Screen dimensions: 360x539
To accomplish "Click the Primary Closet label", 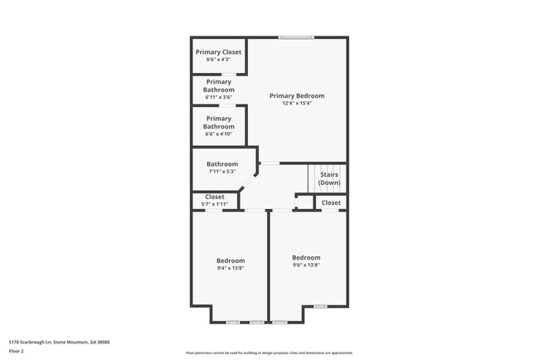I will (219, 52).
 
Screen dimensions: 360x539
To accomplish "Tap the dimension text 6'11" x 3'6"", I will (219, 97).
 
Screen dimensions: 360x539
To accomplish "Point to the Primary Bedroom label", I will (297, 95).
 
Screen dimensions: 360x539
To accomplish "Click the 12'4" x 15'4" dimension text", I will (297, 104).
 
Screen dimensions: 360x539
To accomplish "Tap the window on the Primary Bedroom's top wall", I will (296, 37).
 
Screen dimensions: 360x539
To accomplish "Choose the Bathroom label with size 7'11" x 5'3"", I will (222, 164).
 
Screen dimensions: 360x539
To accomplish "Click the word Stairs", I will (329, 175).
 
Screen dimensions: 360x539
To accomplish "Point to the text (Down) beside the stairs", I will (329, 182).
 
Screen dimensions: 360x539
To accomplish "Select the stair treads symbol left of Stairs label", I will (314, 177).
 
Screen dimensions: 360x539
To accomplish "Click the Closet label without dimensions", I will (331, 202).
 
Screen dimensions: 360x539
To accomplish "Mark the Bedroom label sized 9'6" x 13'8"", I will (306, 257).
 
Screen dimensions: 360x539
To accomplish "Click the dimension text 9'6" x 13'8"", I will (306, 265).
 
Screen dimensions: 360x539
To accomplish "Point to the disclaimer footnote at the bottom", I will (269, 353).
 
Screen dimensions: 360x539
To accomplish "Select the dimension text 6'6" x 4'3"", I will (219, 60).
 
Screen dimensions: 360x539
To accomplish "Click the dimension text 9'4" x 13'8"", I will (231, 268).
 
